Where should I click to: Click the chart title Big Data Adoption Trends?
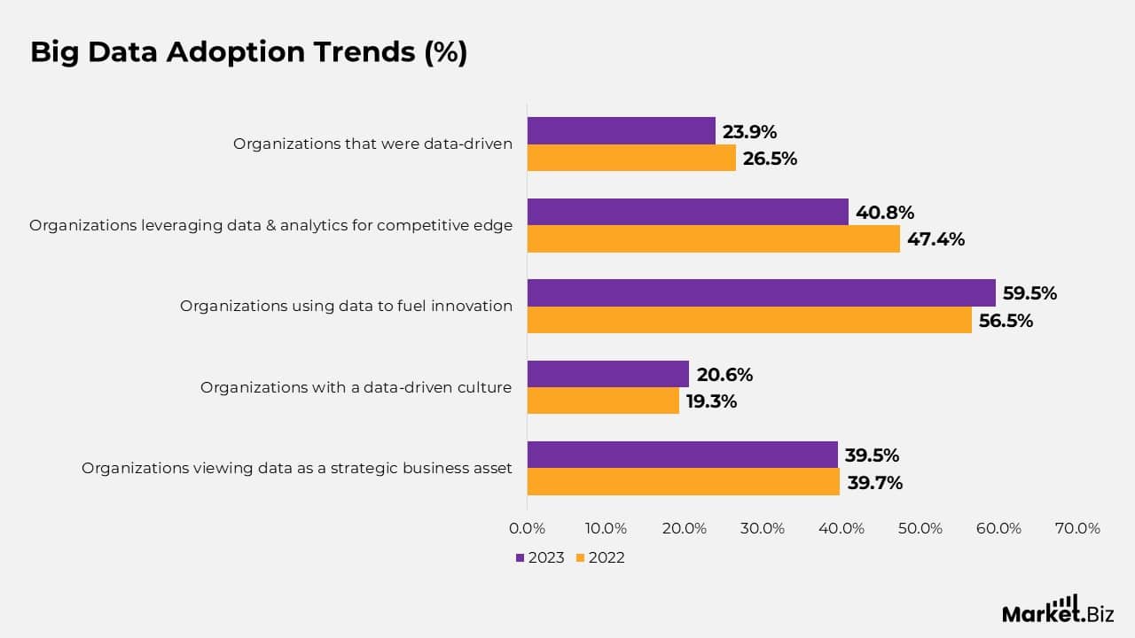point(248,52)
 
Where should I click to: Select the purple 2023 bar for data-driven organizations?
point(621,131)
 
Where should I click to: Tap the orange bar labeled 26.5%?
point(631,159)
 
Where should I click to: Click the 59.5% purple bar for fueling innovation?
point(761,293)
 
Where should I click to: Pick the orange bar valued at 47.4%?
point(713,239)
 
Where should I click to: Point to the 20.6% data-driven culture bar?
point(607,374)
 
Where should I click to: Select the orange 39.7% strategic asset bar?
point(683,482)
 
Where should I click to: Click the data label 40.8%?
point(885,213)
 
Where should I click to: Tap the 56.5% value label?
point(1006,321)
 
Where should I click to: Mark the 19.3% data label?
point(711,401)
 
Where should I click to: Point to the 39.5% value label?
point(872,455)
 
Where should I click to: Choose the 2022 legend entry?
point(600,558)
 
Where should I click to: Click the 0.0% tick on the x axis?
point(528,529)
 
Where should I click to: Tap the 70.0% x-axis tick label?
point(1077,529)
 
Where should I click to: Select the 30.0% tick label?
point(763,529)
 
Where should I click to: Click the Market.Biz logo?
point(1057,611)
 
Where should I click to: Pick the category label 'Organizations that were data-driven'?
point(372,144)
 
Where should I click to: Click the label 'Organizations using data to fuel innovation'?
point(346,306)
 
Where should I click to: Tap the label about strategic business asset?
point(297,468)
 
